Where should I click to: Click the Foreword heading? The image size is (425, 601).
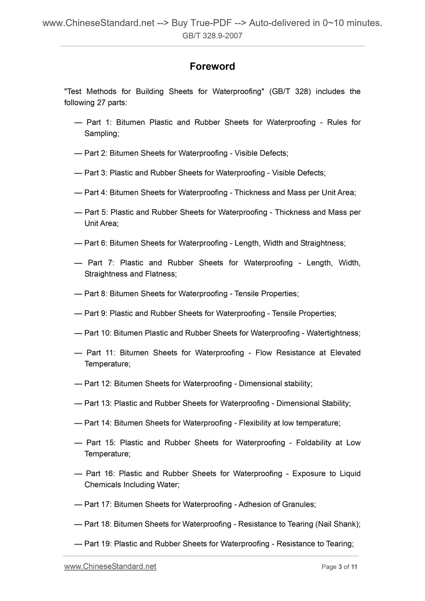click(212, 66)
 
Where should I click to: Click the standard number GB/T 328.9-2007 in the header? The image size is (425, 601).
click(212, 36)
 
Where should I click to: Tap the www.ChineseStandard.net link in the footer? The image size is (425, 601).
click(110, 566)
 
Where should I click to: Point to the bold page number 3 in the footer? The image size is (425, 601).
click(340, 567)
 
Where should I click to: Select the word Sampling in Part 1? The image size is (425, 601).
click(101, 133)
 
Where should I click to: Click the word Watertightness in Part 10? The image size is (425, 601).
click(333, 333)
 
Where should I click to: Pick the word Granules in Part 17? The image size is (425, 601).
click(299, 504)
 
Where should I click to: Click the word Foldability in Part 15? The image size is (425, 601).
click(314, 443)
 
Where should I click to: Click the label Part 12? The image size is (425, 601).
click(98, 383)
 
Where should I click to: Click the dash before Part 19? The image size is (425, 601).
click(78, 544)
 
